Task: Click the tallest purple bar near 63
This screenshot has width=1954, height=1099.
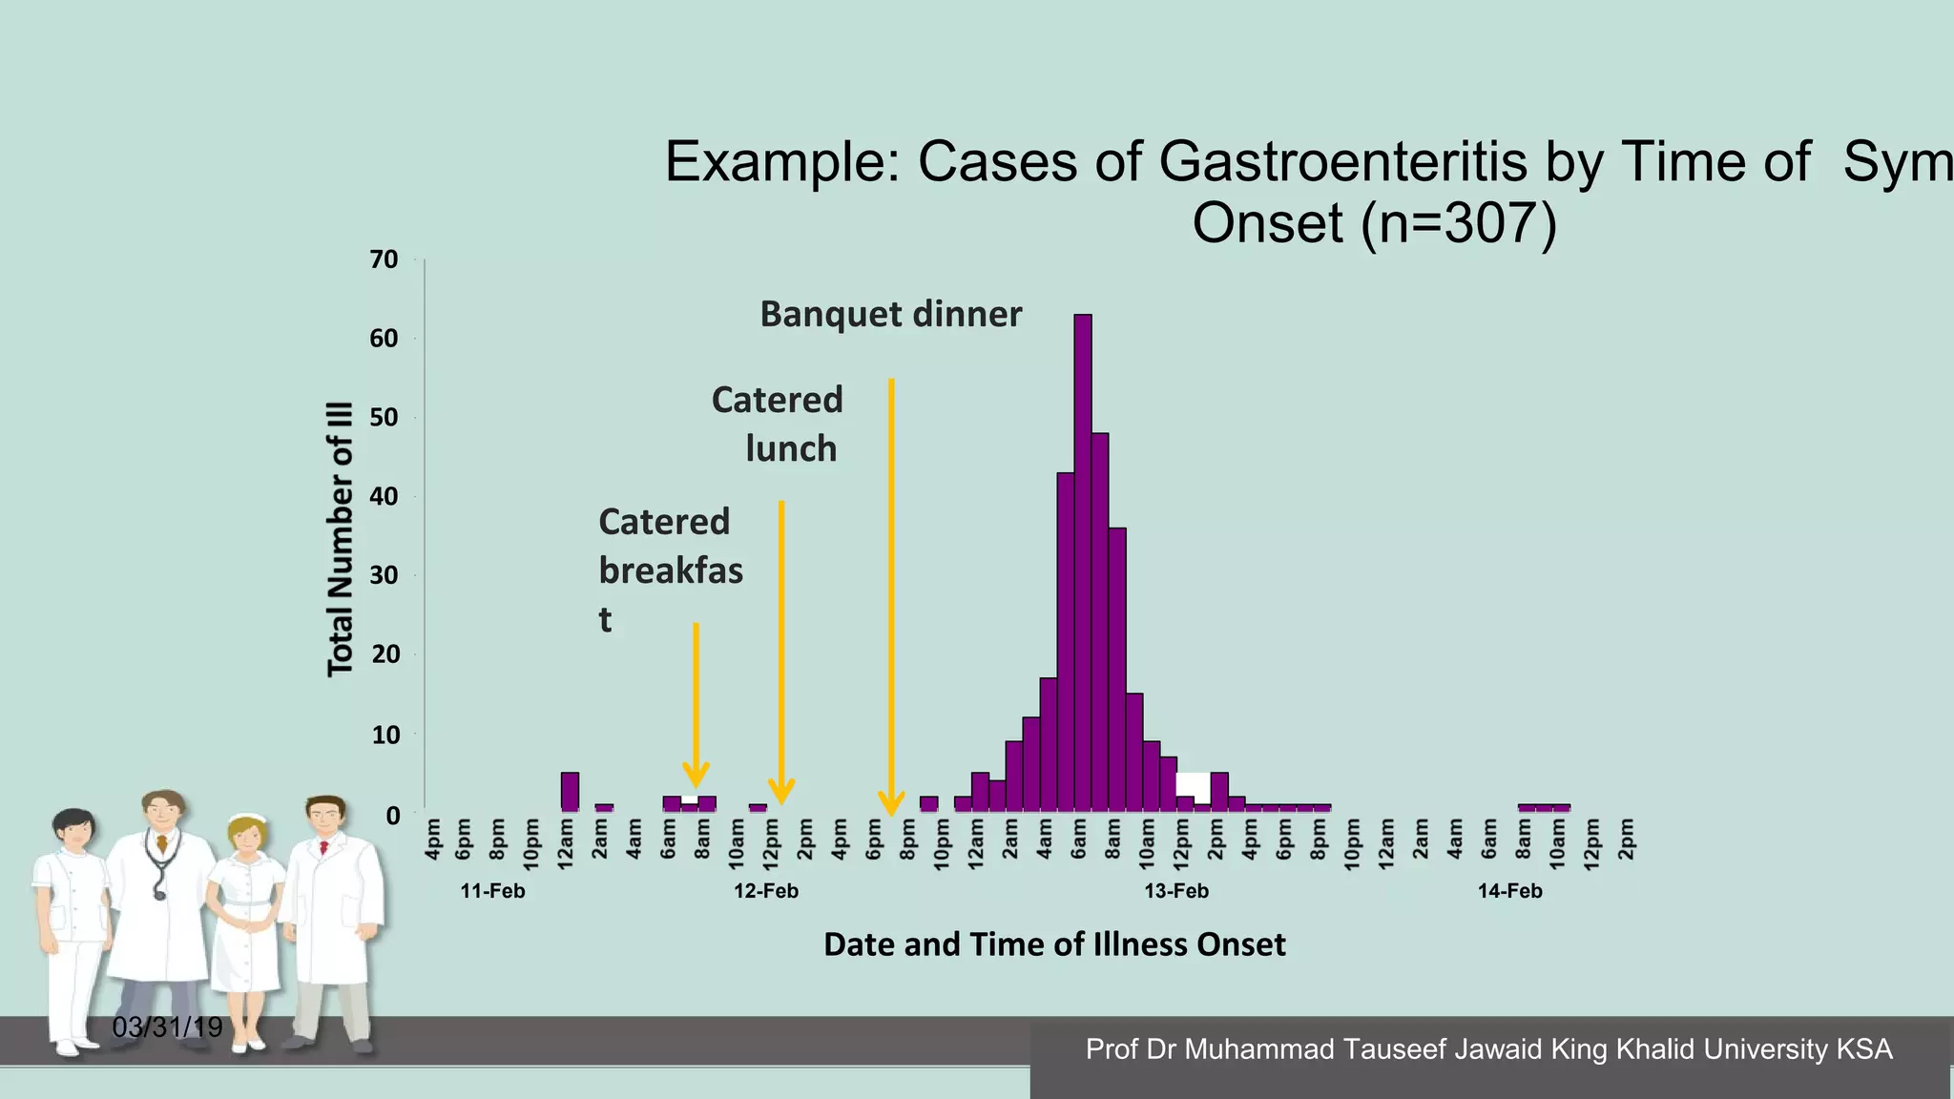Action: click(x=1083, y=563)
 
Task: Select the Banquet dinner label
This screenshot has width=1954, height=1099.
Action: click(x=890, y=314)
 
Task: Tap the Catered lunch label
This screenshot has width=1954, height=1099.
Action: click(x=778, y=424)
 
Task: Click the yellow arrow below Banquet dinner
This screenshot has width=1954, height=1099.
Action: click(x=891, y=591)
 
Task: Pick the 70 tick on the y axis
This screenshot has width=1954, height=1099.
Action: click(x=384, y=259)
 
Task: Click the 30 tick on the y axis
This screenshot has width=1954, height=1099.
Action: click(x=384, y=575)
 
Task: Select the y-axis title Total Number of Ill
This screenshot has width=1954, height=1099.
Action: click(x=341, y=539)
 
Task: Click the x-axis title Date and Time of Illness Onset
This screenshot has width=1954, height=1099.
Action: click(x=1053, y=944)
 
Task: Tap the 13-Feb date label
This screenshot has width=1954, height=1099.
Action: click(x=1175, y=891)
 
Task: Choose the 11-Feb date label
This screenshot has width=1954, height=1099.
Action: click(x=492, y=891)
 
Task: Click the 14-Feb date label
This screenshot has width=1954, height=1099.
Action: click(x=1509, y=891)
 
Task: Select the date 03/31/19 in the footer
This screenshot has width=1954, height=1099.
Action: click(x=167, y=1027)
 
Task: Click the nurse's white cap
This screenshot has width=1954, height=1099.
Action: click(x=250, y=819)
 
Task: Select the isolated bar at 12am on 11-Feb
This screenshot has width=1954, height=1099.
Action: click(x=570, y=792)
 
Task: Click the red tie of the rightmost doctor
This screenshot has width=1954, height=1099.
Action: click(x=324, y=847)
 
